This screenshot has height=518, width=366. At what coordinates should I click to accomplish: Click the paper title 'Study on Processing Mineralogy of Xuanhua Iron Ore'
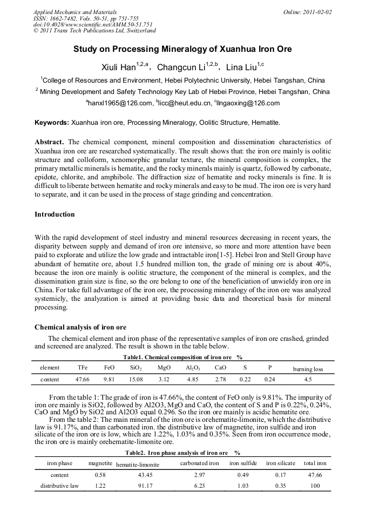tap(182, 49)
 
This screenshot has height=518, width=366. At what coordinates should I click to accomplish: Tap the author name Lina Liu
tap(243, 68)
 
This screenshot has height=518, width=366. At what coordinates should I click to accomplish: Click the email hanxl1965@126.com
tap(120, 103)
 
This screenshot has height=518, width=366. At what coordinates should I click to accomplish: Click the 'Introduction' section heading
tap(55, 214)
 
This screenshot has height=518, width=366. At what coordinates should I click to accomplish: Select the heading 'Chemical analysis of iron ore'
tap(80, 327)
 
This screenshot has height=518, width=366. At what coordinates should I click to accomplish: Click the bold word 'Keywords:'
tap(51, 123)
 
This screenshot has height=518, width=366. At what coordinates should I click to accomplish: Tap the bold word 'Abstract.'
tap(50, 142)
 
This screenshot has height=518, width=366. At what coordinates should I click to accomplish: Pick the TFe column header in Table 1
tap(82, 368)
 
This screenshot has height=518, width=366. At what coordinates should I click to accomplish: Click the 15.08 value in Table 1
tap(135, 379)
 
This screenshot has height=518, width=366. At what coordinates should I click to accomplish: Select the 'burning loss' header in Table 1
tap(308, 369)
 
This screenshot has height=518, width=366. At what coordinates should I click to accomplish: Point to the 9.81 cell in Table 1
tap(109, 379)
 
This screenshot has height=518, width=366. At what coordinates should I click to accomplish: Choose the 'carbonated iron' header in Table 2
tap(199, 463)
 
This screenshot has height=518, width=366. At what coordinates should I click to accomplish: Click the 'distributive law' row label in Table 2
tap(59, 486)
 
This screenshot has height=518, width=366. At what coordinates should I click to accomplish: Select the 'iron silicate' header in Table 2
tap(280, 463)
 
